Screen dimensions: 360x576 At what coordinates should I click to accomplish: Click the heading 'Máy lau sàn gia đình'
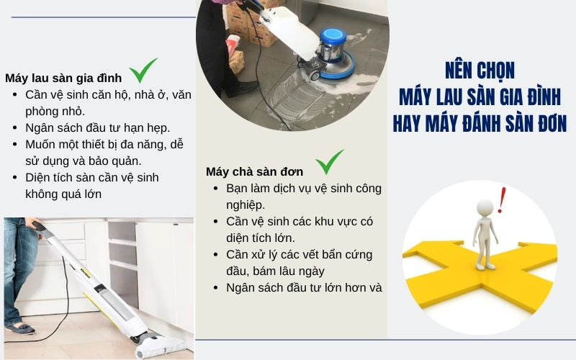[x=63, y=78]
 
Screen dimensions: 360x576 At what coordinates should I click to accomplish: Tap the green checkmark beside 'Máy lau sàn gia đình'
[x=143, y=71]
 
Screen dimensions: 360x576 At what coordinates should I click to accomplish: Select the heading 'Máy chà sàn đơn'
[x=254, y=171]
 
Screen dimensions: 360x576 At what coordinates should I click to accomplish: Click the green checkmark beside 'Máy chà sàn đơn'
[x=330, y=162]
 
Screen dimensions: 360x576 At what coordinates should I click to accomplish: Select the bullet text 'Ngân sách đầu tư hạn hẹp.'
[x=97, y=127]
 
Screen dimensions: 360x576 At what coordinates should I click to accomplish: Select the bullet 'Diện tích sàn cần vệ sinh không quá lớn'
[x=92, y=185]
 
